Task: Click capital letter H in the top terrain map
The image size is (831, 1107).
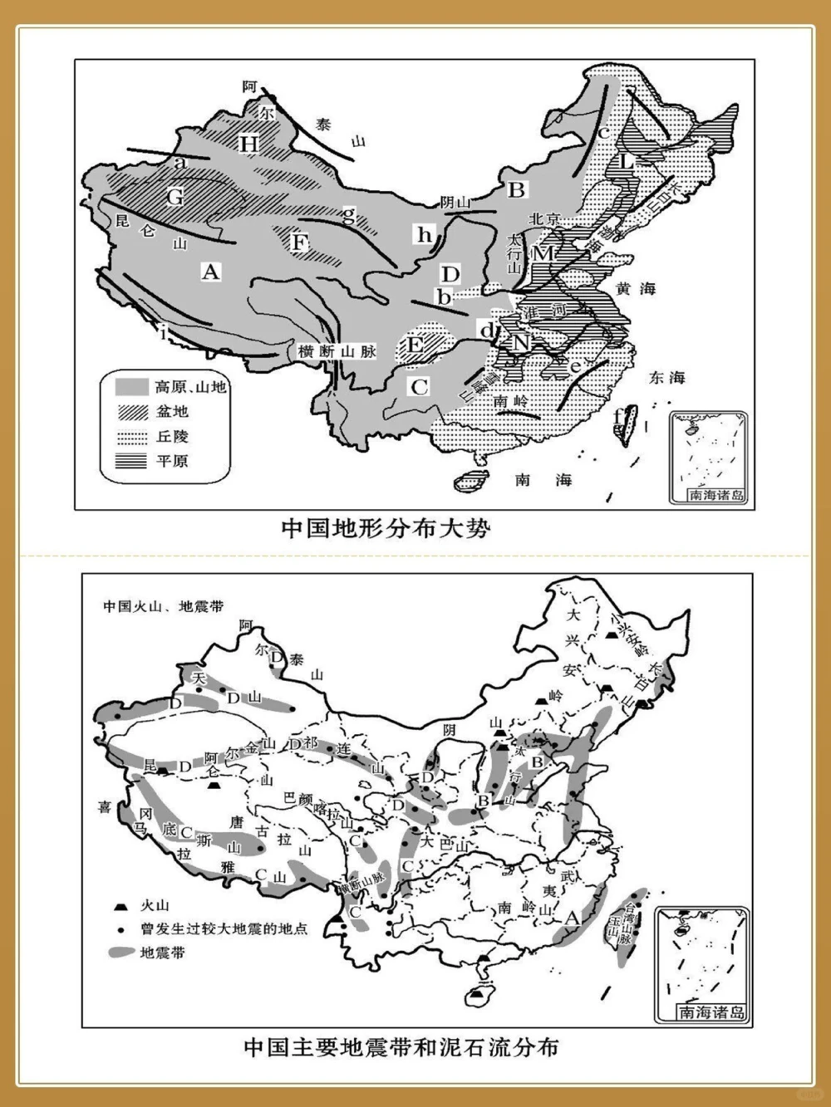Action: (x=249, y=144)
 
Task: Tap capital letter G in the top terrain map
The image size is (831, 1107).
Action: (x=175, y=198)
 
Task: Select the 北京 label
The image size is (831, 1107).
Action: (x=545, y=218)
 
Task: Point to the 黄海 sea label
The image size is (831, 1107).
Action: (x=636, y=289)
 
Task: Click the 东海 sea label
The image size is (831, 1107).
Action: (x=666, y=378)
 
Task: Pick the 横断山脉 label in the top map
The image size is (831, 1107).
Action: (x=337, y=351)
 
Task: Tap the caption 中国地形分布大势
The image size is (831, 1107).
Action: (x=386, y=528)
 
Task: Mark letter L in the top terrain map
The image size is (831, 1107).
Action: (x=627, y=162)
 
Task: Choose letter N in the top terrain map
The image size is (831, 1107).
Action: (x=520, y=342)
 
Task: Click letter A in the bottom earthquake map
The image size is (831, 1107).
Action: (x=571, y=918)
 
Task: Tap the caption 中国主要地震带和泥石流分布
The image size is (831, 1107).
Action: (x=401, y=1046)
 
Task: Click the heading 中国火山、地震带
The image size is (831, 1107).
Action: (x=163, y=606)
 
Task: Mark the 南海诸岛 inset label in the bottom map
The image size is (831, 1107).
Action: (x=711, y=1012)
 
